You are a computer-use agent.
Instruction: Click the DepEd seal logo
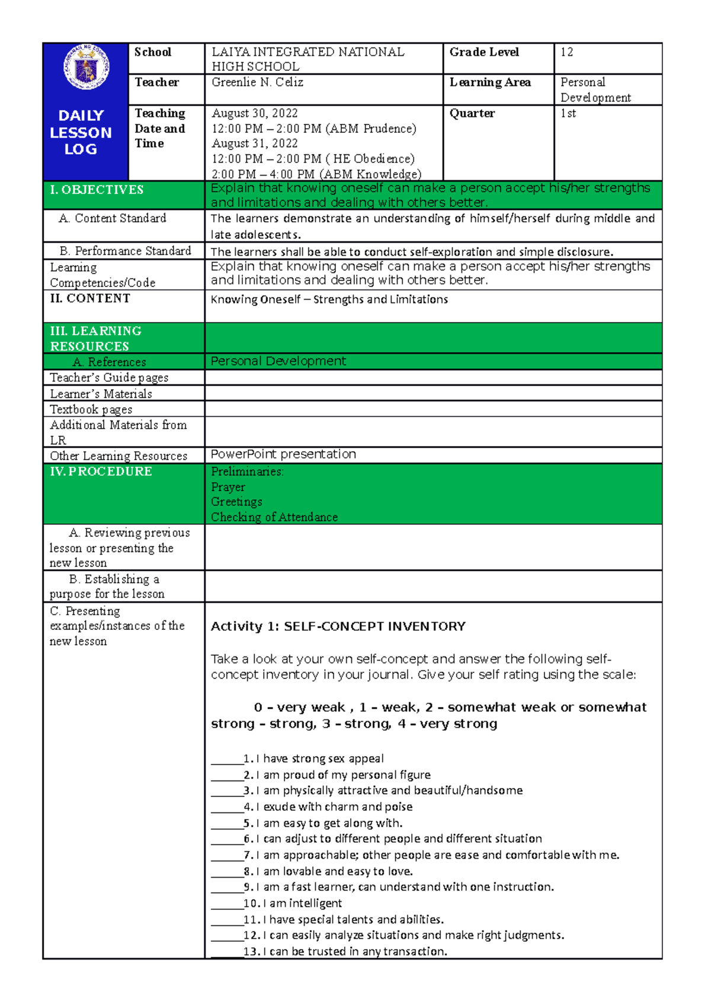[x=87, y=67]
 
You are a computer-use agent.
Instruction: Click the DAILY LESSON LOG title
[x=81, y=132]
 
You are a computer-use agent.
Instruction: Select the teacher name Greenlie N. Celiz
[x=257, y=82]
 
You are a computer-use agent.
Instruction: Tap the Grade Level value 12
[x=566, y=52]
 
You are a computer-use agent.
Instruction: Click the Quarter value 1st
[x=568, y=113]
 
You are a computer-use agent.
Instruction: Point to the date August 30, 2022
[x=254, y=113]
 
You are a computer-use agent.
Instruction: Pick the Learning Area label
[x=490, y=82]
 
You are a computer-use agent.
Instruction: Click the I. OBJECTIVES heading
[x=97, y=190]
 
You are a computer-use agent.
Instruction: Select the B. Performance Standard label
[x=125, y=251]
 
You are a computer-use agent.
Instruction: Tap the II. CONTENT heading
[x=90, y=298]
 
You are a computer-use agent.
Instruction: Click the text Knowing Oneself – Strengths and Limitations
[x=329, y=299]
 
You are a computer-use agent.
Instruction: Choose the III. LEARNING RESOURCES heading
[x=95, y=338]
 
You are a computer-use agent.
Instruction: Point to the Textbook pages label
[x=91, y=409]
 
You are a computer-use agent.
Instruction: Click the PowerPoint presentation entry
[x=283, y=454]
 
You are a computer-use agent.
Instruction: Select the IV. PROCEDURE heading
[x=101, y=471]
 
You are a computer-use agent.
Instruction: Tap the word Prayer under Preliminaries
[x=228, y=487]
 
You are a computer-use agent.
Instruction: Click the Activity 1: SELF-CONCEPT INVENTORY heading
[x=338, y=626]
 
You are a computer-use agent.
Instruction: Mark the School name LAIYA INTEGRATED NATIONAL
[x=308, y=52]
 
